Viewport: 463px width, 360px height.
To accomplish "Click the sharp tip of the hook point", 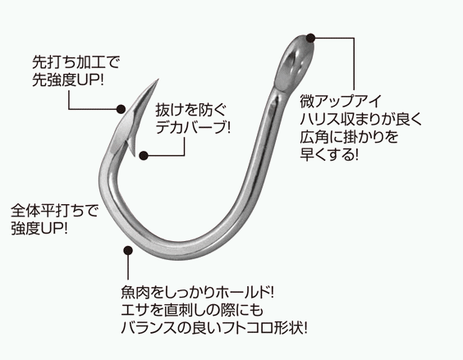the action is tap(158, 79).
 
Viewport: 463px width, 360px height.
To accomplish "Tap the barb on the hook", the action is tap(132, 146).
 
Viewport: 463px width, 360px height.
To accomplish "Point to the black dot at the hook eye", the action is tap(310, 38).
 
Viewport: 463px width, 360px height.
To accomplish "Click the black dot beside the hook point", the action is tap(121, 109).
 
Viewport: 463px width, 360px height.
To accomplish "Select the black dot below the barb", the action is tap(144, 156).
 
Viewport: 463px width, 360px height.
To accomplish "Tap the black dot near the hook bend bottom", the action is tap(128, 251).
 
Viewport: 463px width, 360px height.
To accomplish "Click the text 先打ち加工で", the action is tap(76, 62).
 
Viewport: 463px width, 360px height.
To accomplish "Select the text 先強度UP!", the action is tap(68, 80).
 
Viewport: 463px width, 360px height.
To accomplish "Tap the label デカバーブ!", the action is tap(193, 127).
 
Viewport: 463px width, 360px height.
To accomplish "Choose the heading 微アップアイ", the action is tap(341, 101).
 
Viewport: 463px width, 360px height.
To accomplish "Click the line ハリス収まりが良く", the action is tap(361, 119).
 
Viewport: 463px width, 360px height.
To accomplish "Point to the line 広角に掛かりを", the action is tap(349, 137).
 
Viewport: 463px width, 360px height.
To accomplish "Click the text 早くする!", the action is tap(329, 154).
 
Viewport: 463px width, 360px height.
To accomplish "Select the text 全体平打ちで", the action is tap(54, 211).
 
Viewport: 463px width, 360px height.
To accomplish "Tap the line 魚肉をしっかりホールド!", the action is tap(198, 293).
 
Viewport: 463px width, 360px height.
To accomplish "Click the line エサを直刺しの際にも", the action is tap(192, 310).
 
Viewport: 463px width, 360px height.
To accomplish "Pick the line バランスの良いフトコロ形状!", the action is tap(214, 328).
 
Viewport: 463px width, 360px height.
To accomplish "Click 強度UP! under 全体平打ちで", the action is tap(39, 228).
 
